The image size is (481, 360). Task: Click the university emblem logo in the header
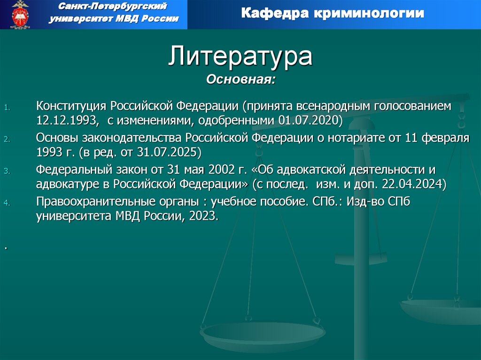pos(20,15)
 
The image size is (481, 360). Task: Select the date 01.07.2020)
pos(310,121)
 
